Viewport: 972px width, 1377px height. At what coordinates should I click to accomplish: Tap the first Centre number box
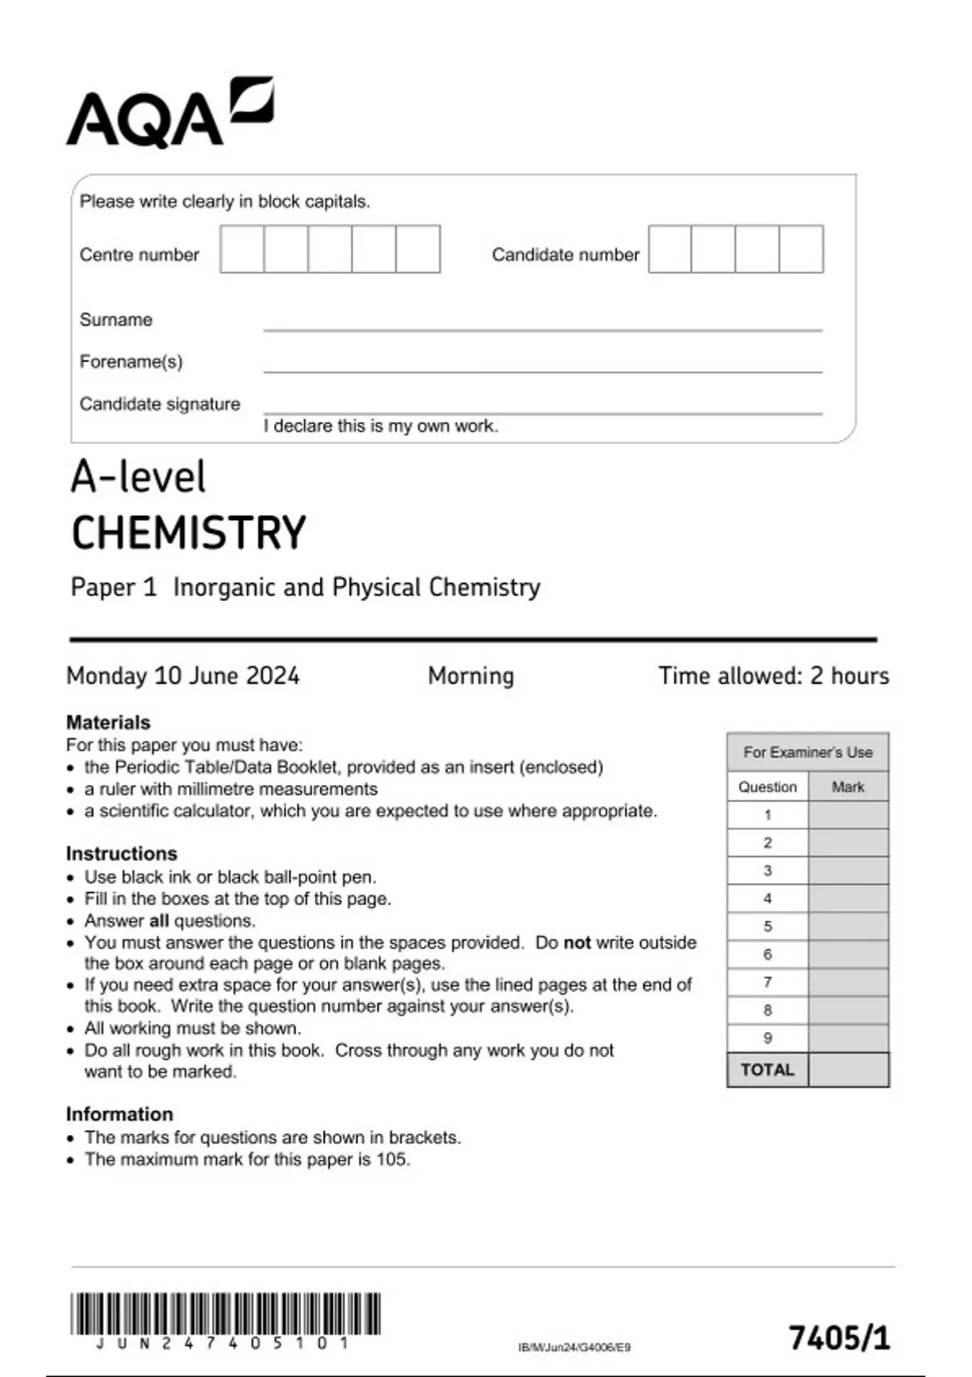tap(242, 249)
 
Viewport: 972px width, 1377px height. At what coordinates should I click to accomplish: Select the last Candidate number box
tap(801, 249)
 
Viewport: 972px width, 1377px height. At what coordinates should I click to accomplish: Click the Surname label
tap(116, 320)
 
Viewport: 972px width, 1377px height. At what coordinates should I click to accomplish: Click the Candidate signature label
tap(160, 404)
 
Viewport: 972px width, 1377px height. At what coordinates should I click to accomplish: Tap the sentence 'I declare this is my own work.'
tap(381, 426)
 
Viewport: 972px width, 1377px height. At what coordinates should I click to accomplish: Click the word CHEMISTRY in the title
tap(189, 533)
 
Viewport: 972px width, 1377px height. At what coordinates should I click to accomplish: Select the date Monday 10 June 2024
tap(183, 676)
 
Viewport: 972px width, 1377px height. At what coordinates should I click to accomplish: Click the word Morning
tap(471, 676)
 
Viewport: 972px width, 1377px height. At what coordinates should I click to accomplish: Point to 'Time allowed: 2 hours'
tap(774, 676)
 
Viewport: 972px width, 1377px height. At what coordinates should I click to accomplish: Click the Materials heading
tap(108, 723)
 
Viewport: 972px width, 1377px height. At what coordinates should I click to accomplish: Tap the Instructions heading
tap(122, 854)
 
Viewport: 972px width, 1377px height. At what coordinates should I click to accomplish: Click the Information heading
tap(119, 1114)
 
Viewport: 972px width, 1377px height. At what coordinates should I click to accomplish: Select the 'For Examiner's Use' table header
tap(808, 752)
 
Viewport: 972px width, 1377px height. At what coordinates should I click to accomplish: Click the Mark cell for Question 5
tap(848, 927)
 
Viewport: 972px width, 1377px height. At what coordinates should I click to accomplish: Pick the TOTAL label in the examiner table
tap(767, 1070)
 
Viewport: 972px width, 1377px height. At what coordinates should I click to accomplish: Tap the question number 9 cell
tap(767, 1038)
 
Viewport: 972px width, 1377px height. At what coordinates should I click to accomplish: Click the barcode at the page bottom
tap(225, 1314)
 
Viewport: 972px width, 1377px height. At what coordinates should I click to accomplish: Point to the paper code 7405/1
tap(839, 1338)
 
